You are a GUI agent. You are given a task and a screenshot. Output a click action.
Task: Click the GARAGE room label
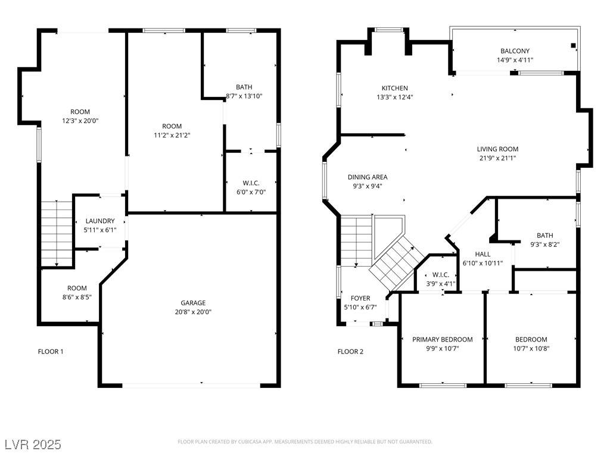(x=193, y=303)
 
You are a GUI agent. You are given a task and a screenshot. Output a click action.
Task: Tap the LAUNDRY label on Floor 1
(x=100, y=221)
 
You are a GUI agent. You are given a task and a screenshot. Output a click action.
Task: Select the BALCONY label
(x=515, y=51)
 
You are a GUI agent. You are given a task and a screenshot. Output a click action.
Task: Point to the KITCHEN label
(x=394, y=88)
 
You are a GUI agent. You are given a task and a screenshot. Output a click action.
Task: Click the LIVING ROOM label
(x=497, y=149)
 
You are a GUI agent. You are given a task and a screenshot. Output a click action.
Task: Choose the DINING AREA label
(x=367, y=177)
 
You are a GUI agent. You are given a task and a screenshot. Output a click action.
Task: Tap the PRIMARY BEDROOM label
(x=443, y=339)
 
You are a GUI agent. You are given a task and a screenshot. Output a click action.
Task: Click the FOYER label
(x=360, y=298)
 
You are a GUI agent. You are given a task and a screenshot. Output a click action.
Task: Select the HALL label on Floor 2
(x=483, y=254)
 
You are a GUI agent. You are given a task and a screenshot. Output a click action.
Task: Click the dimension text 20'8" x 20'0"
(x=193, y=312)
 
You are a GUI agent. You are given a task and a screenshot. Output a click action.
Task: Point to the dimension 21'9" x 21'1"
(x=497, y=158)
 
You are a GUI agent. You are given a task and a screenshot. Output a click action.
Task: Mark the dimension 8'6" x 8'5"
(x=77, y=298)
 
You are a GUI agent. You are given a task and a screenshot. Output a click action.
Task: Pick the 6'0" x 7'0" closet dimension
(x=251, y=192)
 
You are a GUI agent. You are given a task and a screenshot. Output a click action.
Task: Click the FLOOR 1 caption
(x=51, y=352)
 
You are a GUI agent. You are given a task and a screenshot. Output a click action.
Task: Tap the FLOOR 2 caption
(x=350, y=352)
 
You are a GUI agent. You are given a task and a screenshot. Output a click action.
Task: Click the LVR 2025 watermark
(x=33, y=445)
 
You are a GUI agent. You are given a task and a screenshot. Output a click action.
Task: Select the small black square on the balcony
(x=573, y=45)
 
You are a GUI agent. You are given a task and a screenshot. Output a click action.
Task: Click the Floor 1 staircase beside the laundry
(x=57, y=233)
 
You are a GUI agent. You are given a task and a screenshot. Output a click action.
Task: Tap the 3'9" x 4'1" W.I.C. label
(x=440, y=284)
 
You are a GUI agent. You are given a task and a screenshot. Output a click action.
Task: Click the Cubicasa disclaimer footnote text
(x=305, y=442)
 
